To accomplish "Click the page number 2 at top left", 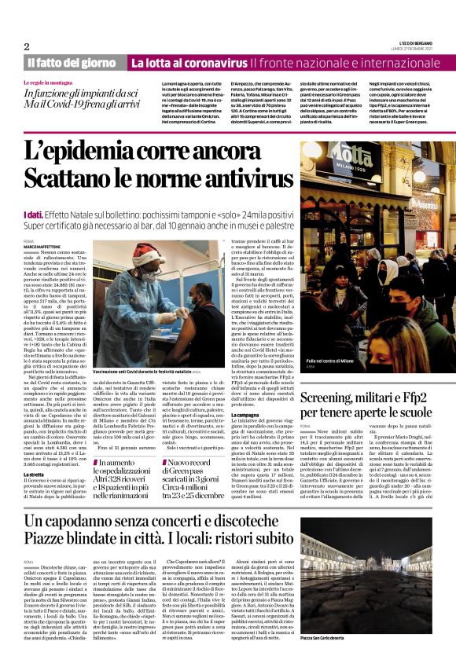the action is click(x=27, y=46).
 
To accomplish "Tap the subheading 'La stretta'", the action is click(x=33, y=454).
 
